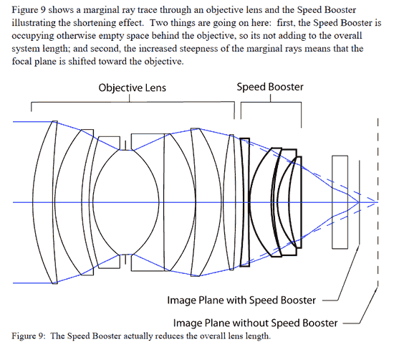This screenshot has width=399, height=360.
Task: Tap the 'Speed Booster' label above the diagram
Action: tap(270, 87)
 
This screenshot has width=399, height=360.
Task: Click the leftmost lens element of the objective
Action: tap(49, 202)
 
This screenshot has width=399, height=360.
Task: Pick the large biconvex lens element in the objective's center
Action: tap(125, 202)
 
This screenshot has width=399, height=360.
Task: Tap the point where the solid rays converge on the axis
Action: tap(358, 202)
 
